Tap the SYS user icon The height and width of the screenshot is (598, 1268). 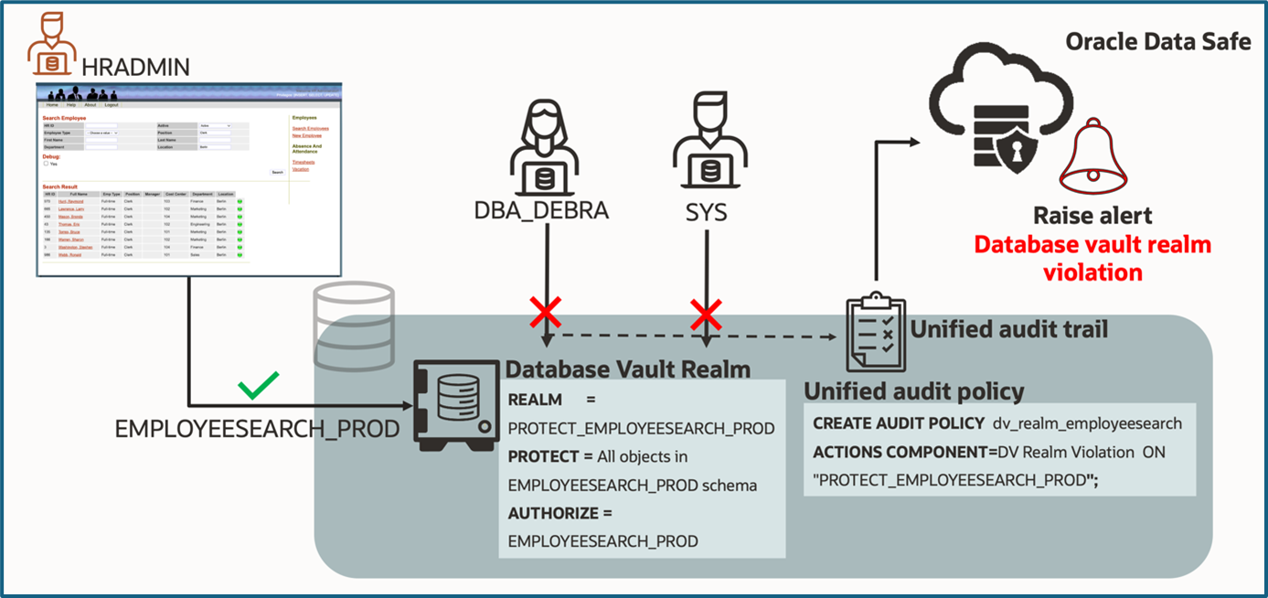(706, 152)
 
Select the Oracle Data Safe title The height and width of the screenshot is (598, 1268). (1157, 42)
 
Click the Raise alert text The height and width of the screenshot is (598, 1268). (1092, 216)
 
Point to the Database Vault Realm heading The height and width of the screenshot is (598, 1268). (628, 369)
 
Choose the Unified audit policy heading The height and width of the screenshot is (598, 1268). (913, 391)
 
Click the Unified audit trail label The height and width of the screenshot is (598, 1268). (1008, 328)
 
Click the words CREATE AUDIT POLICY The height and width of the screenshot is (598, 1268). (897, 423)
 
